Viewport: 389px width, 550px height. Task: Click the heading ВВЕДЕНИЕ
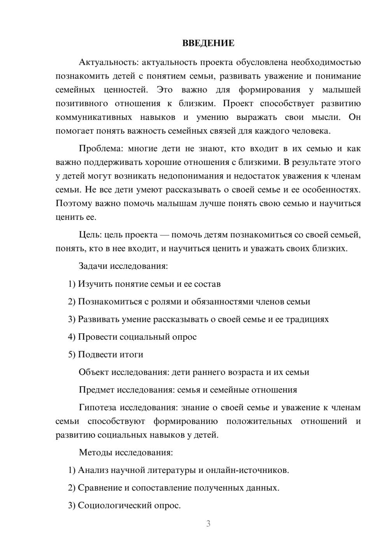pos(208,43)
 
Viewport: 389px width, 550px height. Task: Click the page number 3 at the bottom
pos(208,524)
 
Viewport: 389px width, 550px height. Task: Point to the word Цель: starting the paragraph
pos(90,235)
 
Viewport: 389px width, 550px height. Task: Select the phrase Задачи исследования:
pos(123,266)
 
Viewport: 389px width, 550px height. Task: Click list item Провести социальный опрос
pos(137,337)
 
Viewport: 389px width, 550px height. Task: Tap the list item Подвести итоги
pos(110,354)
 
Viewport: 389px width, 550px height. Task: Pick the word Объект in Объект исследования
pos(94,372)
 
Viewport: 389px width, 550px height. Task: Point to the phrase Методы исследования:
pos(126,452)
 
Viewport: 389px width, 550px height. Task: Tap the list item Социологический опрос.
pos(129,506)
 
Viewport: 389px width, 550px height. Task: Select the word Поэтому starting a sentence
pos(74,203)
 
